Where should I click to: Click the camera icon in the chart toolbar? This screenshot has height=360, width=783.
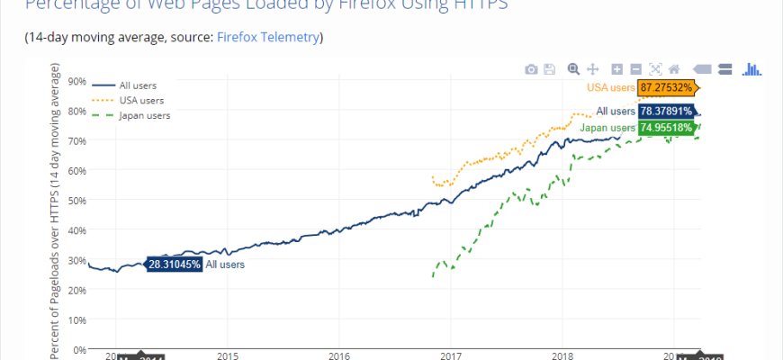coord(531,69)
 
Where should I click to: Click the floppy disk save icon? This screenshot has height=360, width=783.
coord(549,69)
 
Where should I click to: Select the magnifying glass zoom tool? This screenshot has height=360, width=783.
coord(574,69)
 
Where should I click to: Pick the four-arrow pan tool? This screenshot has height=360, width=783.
coord(593,69)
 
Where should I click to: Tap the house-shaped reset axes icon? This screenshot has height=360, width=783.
coord(674,69)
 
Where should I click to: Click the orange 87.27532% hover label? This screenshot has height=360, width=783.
coord(667,87)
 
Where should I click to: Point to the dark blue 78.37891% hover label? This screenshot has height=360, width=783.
coord(667,112)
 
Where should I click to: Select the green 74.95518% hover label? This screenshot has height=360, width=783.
coord(667,128)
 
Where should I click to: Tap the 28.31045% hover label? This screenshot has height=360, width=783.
coord(174,265)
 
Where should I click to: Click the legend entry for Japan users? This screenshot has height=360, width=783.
coord(144,115)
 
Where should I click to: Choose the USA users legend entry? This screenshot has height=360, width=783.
coord(141,100)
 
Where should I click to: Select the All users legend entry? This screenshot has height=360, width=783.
coord(138,85)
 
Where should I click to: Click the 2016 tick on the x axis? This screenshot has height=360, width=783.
coord(338,355)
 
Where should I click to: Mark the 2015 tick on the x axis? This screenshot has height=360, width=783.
coord(227,355)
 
